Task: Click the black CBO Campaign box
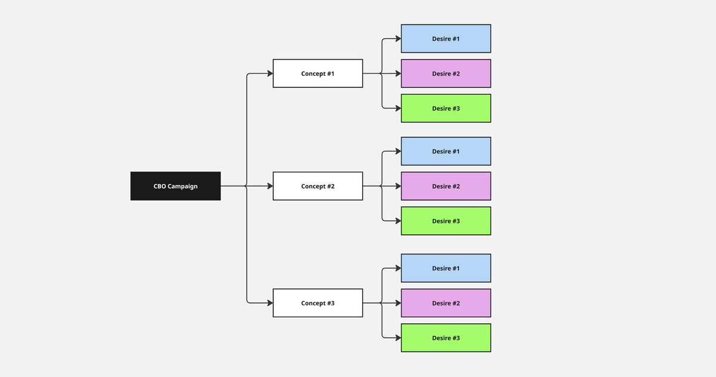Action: point(175,186)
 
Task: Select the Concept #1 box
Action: point(317,73)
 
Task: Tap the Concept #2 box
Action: point(317,186)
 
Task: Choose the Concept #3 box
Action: point(317,303)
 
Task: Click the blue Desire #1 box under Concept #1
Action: point(446,38)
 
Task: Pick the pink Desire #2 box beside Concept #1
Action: point(446,73)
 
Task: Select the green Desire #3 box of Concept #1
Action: point(446,108)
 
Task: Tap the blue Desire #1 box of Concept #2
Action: point(446,151)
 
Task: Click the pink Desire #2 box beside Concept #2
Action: point(446,186)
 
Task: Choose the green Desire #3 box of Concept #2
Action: point(446,221)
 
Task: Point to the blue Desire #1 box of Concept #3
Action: point(446,268)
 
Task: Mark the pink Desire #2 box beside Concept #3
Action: point(446,303)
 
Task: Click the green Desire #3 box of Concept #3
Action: point(446,338)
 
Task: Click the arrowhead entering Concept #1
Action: point(270,73)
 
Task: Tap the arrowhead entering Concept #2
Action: point(270,186)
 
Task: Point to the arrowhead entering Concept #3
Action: point(270,303)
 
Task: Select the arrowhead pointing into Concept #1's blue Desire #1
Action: point(399,38)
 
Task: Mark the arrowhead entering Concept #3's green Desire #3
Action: point(399,338)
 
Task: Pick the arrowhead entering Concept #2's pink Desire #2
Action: point(399,186)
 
